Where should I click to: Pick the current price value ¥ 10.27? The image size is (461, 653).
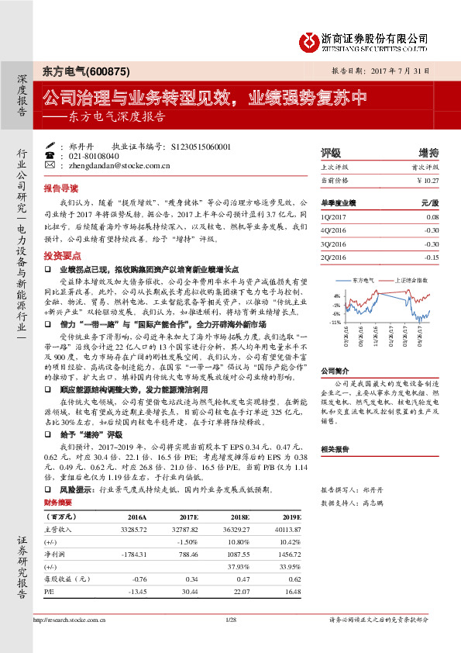(428, 180)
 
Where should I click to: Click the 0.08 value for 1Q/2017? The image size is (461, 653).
(432, 218)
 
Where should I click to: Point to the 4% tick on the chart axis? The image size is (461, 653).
(336, 295)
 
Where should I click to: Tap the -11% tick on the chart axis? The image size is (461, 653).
(335, 320)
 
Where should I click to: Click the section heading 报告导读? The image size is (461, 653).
(60, 188)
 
